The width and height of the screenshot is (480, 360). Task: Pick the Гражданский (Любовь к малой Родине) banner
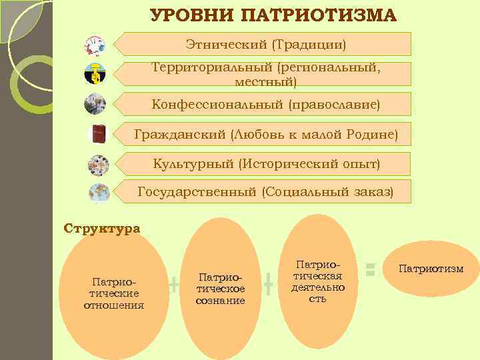265,135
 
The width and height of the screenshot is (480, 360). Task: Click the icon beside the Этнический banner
95,46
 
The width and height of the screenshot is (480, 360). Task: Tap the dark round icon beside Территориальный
95,74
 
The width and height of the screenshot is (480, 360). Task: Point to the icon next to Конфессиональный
95,104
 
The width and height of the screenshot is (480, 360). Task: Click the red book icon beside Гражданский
99,134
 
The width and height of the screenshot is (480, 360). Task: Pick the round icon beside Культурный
99,164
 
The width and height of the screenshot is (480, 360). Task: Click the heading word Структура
102,228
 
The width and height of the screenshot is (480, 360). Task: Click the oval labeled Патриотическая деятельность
317,280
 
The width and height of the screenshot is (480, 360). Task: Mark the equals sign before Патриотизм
371,269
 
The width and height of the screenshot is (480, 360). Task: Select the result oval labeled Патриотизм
431,269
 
